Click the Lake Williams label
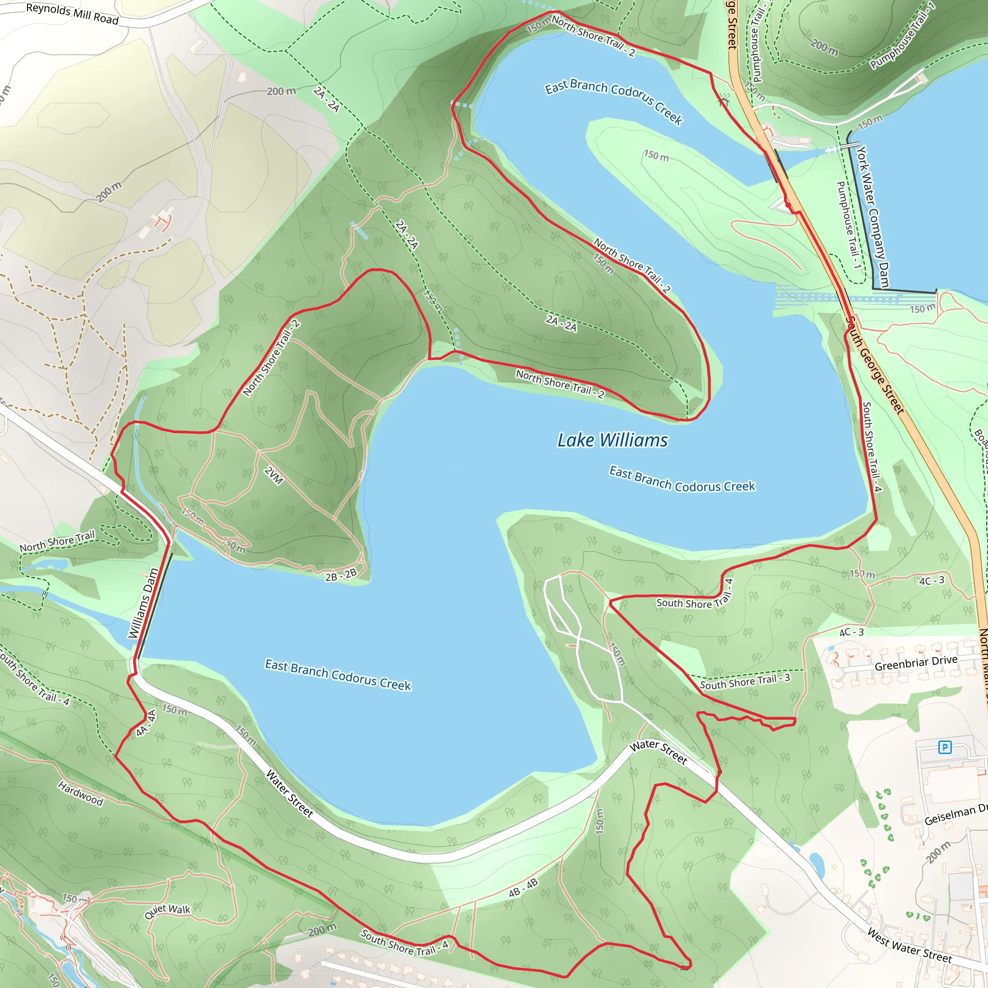[x=612, y=440]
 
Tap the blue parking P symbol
[x=945, y=747]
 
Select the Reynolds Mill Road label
[x=72, y=14]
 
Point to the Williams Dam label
[x=143, y=604]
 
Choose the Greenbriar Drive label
[x=915, y=663]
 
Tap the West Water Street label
[x=909, y=947]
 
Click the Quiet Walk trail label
[x=167, y=911]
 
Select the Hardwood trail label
[x=80, y=793]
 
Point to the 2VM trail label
[x=274, y=476]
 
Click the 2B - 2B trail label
[x=341, y=575]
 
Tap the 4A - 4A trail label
[x=146, y=723]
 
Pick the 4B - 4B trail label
[x=523, y=888]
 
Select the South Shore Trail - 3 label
[x=744, y=681]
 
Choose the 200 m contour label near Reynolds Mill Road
[x=281, y=91]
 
